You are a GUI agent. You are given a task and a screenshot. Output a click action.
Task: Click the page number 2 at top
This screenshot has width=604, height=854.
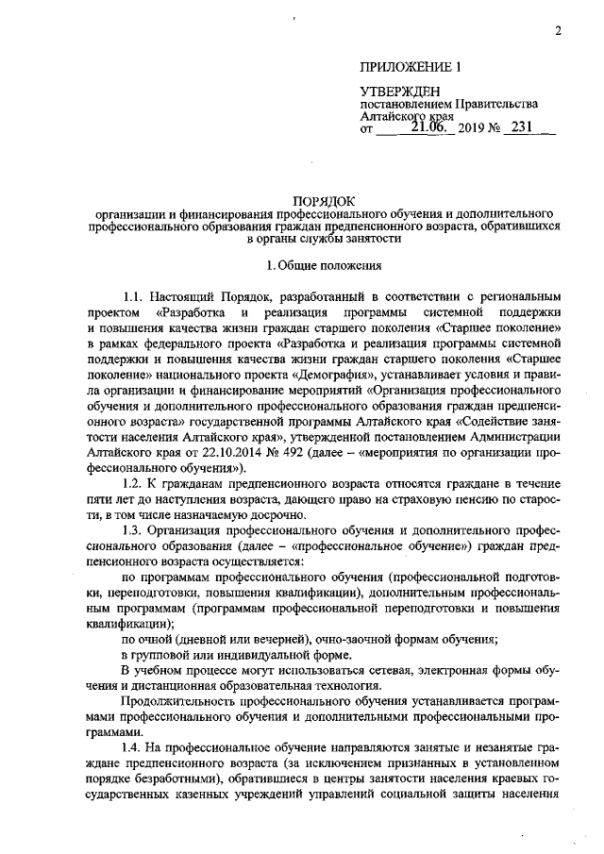pyautogui.click(x=558, y=31)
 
